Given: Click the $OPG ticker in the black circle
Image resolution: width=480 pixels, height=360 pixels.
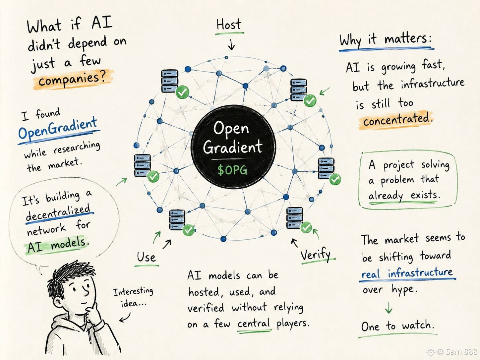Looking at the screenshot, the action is click(232, 170).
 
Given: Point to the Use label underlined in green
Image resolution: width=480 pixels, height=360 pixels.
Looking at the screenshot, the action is click(146, 257).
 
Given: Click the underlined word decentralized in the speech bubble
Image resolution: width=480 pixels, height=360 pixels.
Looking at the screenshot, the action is click(58, 212).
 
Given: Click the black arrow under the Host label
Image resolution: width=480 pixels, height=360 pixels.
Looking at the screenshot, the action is click(231, 44).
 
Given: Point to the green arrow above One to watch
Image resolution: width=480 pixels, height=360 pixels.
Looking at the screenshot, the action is click(389, 308).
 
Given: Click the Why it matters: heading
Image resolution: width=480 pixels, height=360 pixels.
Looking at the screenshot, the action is click(386, 40).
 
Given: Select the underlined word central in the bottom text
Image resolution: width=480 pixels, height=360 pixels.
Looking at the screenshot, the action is click(254, 324).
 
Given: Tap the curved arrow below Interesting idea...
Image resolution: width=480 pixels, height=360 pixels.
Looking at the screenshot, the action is click(125, 317).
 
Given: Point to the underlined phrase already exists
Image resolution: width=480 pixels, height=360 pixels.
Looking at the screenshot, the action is click(404, 195).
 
